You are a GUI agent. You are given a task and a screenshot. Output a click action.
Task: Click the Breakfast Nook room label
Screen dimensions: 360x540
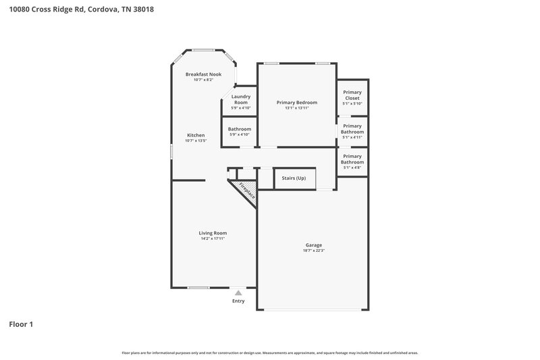[x=203, y=74]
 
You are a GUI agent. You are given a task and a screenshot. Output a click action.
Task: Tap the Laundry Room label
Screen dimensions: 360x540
[x=241, y=99]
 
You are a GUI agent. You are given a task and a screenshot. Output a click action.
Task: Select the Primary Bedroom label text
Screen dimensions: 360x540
[x=297, y=103]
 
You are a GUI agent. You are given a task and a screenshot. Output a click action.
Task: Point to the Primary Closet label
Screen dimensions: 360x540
[x=352, y=95]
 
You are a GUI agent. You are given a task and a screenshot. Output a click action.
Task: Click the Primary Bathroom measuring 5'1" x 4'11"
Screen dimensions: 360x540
[x=352, y=128]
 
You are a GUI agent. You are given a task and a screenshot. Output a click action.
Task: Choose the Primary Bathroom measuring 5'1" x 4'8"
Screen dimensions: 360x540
[x=352, y=159]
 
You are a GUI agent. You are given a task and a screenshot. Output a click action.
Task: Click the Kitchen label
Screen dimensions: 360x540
[x=196, y=135]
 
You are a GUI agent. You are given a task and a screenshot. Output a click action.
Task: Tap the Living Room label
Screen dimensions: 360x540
[x=213, y=233]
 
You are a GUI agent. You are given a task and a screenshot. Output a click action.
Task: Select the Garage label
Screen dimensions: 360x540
[x=313, y=245]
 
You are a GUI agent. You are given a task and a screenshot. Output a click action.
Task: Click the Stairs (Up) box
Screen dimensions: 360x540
[x=294, y=178]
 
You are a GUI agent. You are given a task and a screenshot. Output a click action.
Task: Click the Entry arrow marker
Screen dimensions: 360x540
[x=238, y=293]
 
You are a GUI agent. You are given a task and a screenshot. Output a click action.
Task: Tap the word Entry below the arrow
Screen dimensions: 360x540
[x=238, y=301]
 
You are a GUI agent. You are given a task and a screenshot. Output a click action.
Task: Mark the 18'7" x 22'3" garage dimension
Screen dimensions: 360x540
[x=313, y=251]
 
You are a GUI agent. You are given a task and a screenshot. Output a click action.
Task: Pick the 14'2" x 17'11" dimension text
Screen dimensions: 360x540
[x=213, y=238]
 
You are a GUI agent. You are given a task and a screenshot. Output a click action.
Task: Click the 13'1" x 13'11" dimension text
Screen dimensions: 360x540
[x=297, y=108]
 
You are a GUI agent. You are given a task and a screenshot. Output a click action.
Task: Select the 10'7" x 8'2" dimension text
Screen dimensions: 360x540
[x=203, y=80]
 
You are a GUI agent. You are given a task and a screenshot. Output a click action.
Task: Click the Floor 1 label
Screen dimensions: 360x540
[x=21, y=324]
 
